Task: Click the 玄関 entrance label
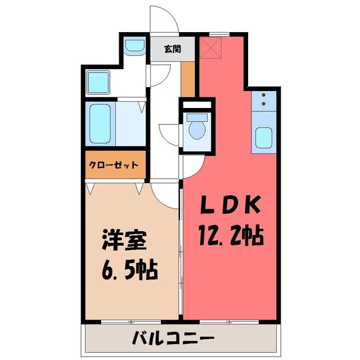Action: [x=173, y=49]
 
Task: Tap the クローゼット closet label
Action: [x=114, y=165]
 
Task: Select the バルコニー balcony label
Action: [x=173, y=337]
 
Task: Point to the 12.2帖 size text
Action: [x=231, y=236]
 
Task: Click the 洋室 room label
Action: [x=124, y=240]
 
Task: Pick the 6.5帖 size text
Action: [x=130, y=269]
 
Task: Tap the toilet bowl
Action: [x=197, y=127]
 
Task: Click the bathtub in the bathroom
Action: [x=100, y=124]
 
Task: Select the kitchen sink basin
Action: [x=264, y=137]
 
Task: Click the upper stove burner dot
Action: [x=263, y=95]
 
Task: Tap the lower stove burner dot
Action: [x=263, y=103]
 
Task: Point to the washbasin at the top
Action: [x=134, y=45]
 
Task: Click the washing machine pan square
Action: [x=98, y=82]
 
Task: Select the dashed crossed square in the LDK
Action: [x=210, y=47]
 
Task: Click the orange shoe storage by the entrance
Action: [x=187, y=79]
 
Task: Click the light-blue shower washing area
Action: [x=130, y=124]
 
